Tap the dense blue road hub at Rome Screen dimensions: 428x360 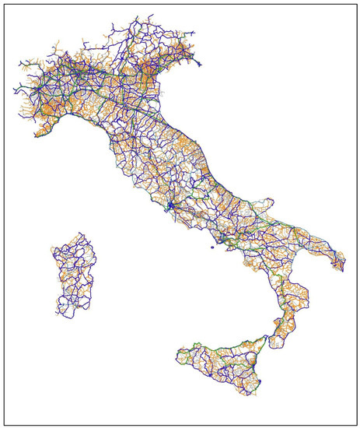[169, 205]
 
